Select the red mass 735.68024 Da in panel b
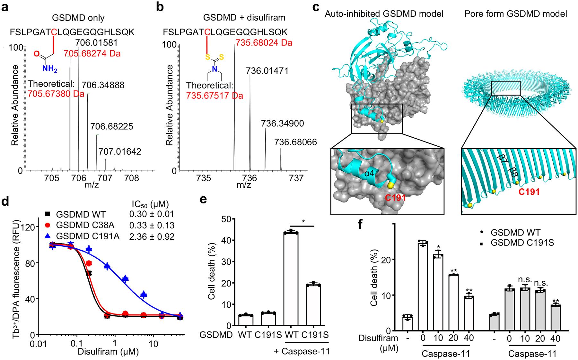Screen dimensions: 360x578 pos(264,42)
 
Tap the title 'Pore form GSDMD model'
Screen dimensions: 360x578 pos(515,13)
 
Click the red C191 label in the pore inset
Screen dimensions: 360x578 pos(529,192)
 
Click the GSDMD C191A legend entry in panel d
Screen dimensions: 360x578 pos(87,236)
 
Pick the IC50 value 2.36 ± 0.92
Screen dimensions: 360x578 pos(155,236)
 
